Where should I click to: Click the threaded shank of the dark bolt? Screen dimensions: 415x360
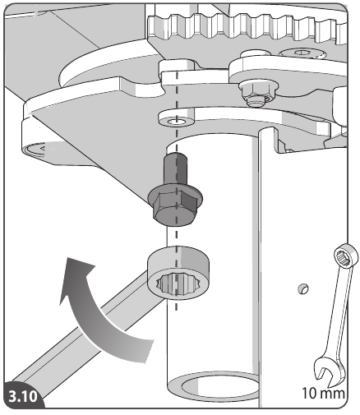173,168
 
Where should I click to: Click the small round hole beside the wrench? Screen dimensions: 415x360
302,288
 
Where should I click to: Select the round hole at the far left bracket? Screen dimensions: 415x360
35,148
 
